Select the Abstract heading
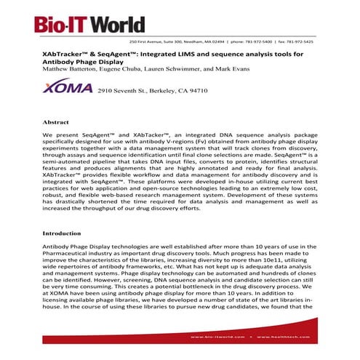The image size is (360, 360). click(x=55, y=123)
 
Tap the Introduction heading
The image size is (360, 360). click(x=63, y=233)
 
